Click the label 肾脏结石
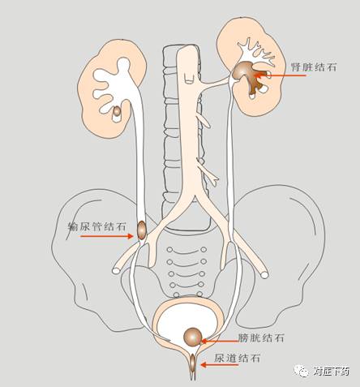click(314, 67)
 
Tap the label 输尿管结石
click(96, 226)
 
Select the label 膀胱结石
click(261, 338)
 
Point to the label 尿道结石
click(238, 359)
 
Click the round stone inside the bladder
click(193, 337)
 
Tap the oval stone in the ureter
click(142, 230)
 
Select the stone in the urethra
click(193, 363)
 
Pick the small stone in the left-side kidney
click(117, 111)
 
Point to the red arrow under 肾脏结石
click(281, 75)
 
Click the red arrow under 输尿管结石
click(107, 236)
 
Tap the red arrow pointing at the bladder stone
click(220, 341)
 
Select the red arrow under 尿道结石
click(220, 365)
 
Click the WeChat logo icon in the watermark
click(302, 371)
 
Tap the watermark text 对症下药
click(332, 372)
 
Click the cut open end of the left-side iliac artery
click(116, 270)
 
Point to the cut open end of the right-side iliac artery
click(264, 275)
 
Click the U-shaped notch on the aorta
click(189, 80)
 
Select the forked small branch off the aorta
click(208, 174)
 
